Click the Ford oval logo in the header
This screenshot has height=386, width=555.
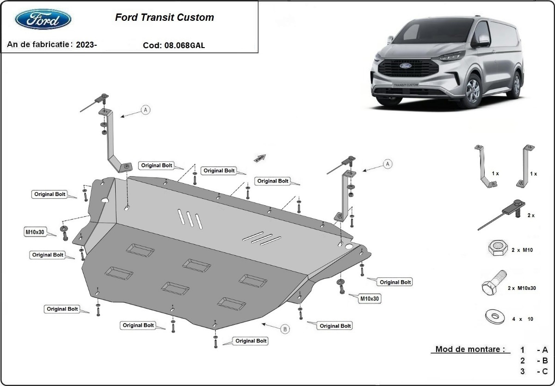(43, 20)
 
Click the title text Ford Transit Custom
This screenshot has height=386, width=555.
(164, 18)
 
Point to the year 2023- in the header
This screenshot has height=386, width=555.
(86, 44)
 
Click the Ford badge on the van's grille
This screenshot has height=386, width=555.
(405, 66)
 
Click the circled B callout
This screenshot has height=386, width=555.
(285, 329)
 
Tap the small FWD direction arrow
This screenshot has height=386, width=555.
(260, 158)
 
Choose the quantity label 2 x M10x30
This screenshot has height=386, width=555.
(521, 288)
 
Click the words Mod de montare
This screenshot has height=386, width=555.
(469, 349)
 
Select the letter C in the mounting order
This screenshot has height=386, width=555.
(545, 371)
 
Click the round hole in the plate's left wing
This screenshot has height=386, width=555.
(105, 201)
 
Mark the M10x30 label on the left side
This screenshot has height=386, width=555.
(35, 232)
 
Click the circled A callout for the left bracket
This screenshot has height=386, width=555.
(146, 110)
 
